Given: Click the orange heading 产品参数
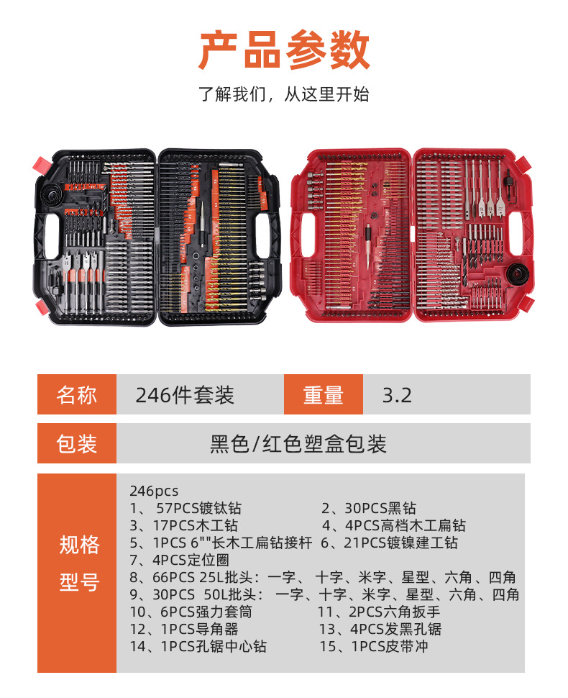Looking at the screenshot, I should coord(284,50).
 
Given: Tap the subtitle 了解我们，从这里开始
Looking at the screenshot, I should coord(284,94).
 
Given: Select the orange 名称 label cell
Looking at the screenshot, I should coord(77,395).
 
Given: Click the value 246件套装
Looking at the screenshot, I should coord(185,395).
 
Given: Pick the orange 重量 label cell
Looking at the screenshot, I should coord(323,395).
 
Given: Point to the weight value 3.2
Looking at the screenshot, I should coord(397,395).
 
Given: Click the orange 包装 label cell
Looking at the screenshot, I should coord(77,443).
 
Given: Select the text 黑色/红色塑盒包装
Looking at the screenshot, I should coord(298,443).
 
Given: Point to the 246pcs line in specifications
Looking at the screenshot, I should coord(154,491).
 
